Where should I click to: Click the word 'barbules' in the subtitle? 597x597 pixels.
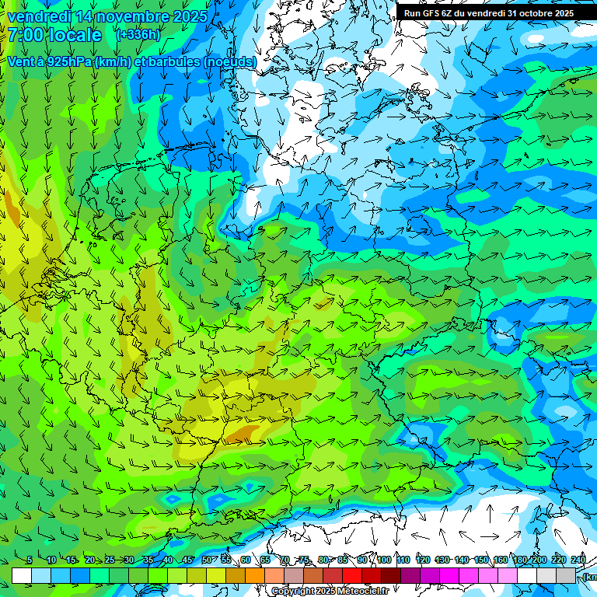click(170, 61)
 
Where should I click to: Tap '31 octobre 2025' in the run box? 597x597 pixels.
click(541, 13)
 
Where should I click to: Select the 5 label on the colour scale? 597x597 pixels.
click(30, 560)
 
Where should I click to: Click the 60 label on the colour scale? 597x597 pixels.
click(245, 560)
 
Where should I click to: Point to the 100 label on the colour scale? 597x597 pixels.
click(383, 560)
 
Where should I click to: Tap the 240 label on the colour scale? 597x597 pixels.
click(578, 560)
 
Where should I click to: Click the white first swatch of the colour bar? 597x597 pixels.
click(22, 575)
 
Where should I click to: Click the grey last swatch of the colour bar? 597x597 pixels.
click(566, 575)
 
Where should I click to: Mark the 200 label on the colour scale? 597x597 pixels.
click(539, 560)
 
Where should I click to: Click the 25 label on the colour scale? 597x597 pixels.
click(109, 560)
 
